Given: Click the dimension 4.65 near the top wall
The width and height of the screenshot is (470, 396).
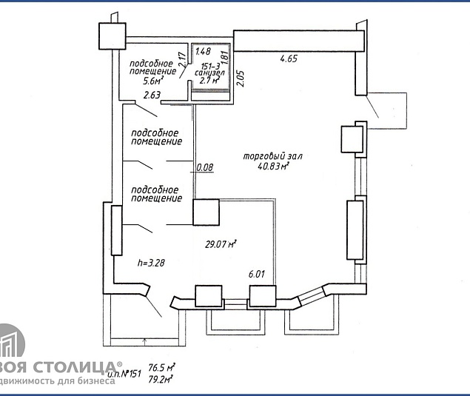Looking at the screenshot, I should [289, 58].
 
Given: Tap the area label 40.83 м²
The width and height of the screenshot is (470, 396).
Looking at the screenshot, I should [273, 167].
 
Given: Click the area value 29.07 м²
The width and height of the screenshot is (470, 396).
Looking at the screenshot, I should [221, 244].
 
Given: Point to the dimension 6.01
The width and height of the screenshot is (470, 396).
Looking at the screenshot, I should [256, 274].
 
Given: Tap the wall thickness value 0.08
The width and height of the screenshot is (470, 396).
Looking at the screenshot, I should [204, 168].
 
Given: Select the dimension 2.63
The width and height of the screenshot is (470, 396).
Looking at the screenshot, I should [152, 95].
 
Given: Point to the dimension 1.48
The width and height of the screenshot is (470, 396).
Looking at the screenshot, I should [204, 52].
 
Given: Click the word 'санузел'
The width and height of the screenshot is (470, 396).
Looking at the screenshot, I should [207, 73].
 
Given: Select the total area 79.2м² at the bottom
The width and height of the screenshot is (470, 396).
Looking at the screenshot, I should [161, 379].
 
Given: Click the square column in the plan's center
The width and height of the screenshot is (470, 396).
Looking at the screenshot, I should [207, 212].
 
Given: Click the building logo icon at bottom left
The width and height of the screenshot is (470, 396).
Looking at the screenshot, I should [11, 348].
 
